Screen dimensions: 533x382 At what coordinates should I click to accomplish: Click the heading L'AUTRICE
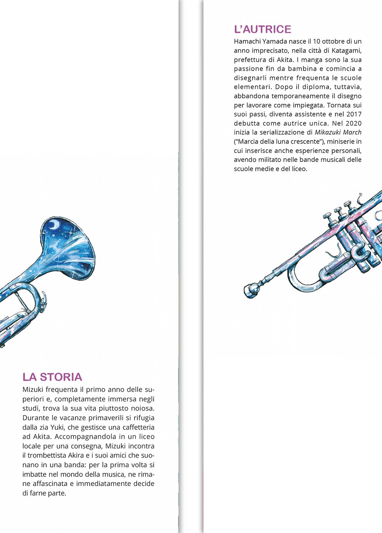[262, 29]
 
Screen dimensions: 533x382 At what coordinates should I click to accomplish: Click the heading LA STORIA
[52, 377]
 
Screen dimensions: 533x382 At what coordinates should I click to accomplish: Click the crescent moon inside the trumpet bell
[54, 224]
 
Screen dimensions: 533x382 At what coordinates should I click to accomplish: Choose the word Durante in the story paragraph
[35, 418]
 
